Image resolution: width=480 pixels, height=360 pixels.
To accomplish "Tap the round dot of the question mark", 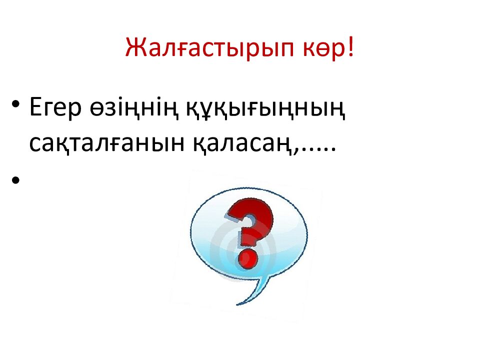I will click(x=247, y=260).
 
